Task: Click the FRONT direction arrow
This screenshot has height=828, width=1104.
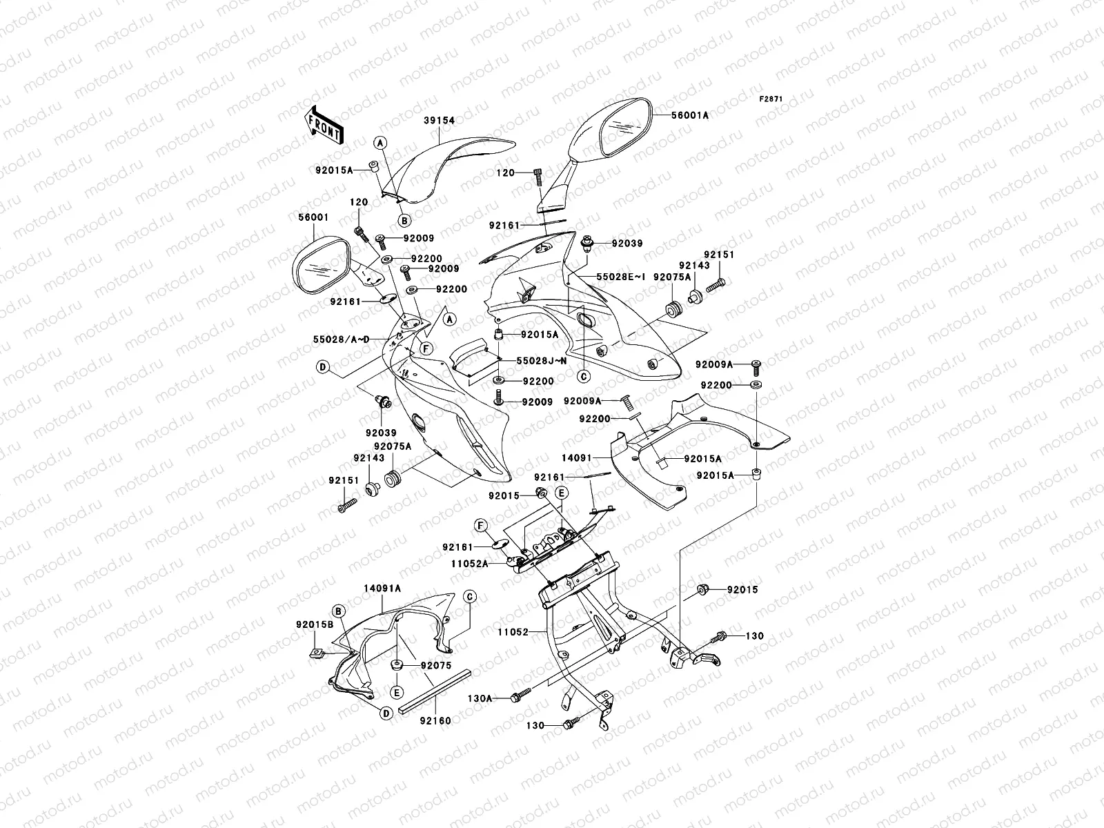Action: click(324, 125)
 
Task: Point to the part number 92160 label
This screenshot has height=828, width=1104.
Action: click(435, 721)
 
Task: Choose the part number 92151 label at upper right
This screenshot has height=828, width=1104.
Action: click(720, 255)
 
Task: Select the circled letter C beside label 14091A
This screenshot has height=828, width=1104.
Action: click(469, 596)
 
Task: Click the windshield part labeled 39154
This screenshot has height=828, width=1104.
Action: click(448, 166)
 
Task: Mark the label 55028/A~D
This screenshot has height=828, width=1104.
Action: click(340, 339)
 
